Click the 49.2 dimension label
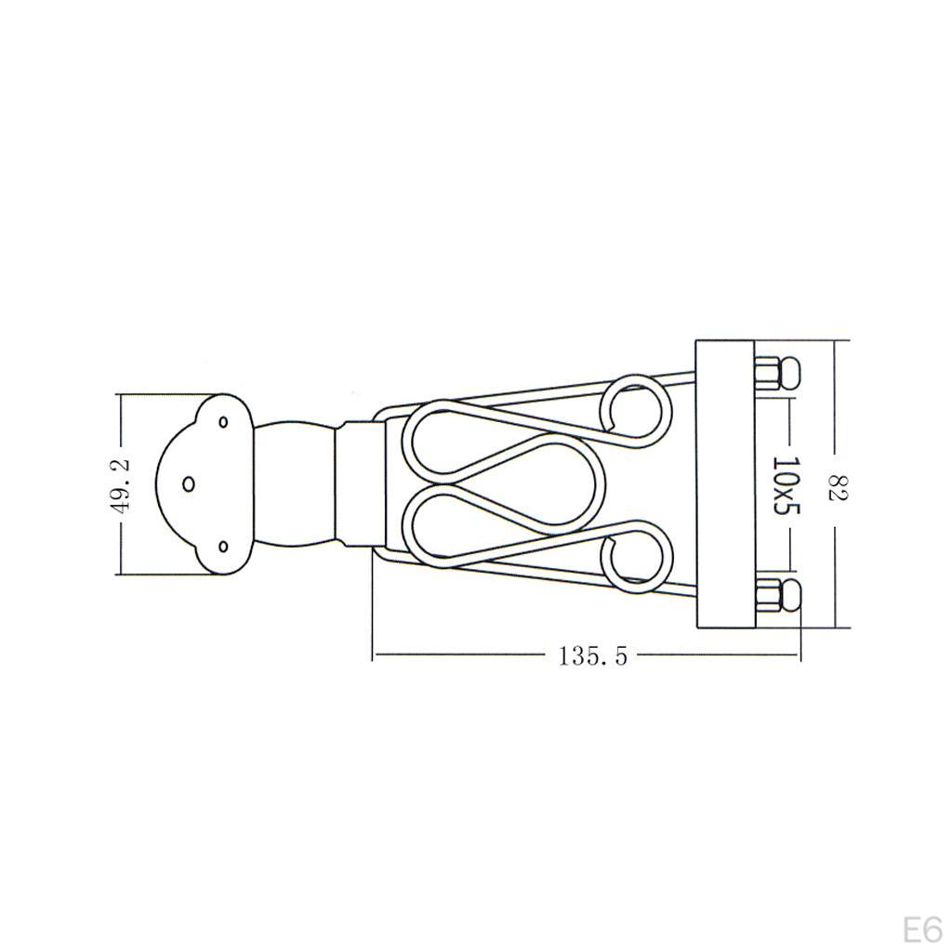125,483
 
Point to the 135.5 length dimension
593,655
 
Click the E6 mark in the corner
922,930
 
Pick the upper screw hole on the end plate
223,422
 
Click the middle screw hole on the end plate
188,483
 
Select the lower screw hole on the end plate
223,546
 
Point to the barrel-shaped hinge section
294,483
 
